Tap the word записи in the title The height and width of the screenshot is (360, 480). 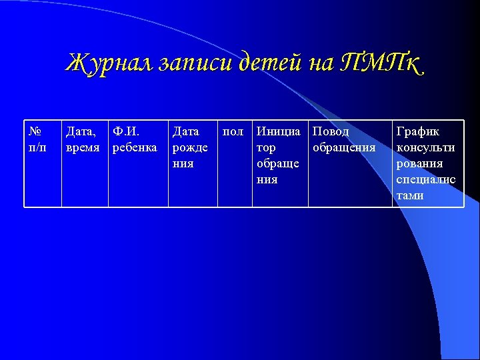193,63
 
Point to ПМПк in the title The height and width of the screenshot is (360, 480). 380,63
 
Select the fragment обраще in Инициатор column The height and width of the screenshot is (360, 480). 278,163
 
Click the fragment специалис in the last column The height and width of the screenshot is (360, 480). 426,179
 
